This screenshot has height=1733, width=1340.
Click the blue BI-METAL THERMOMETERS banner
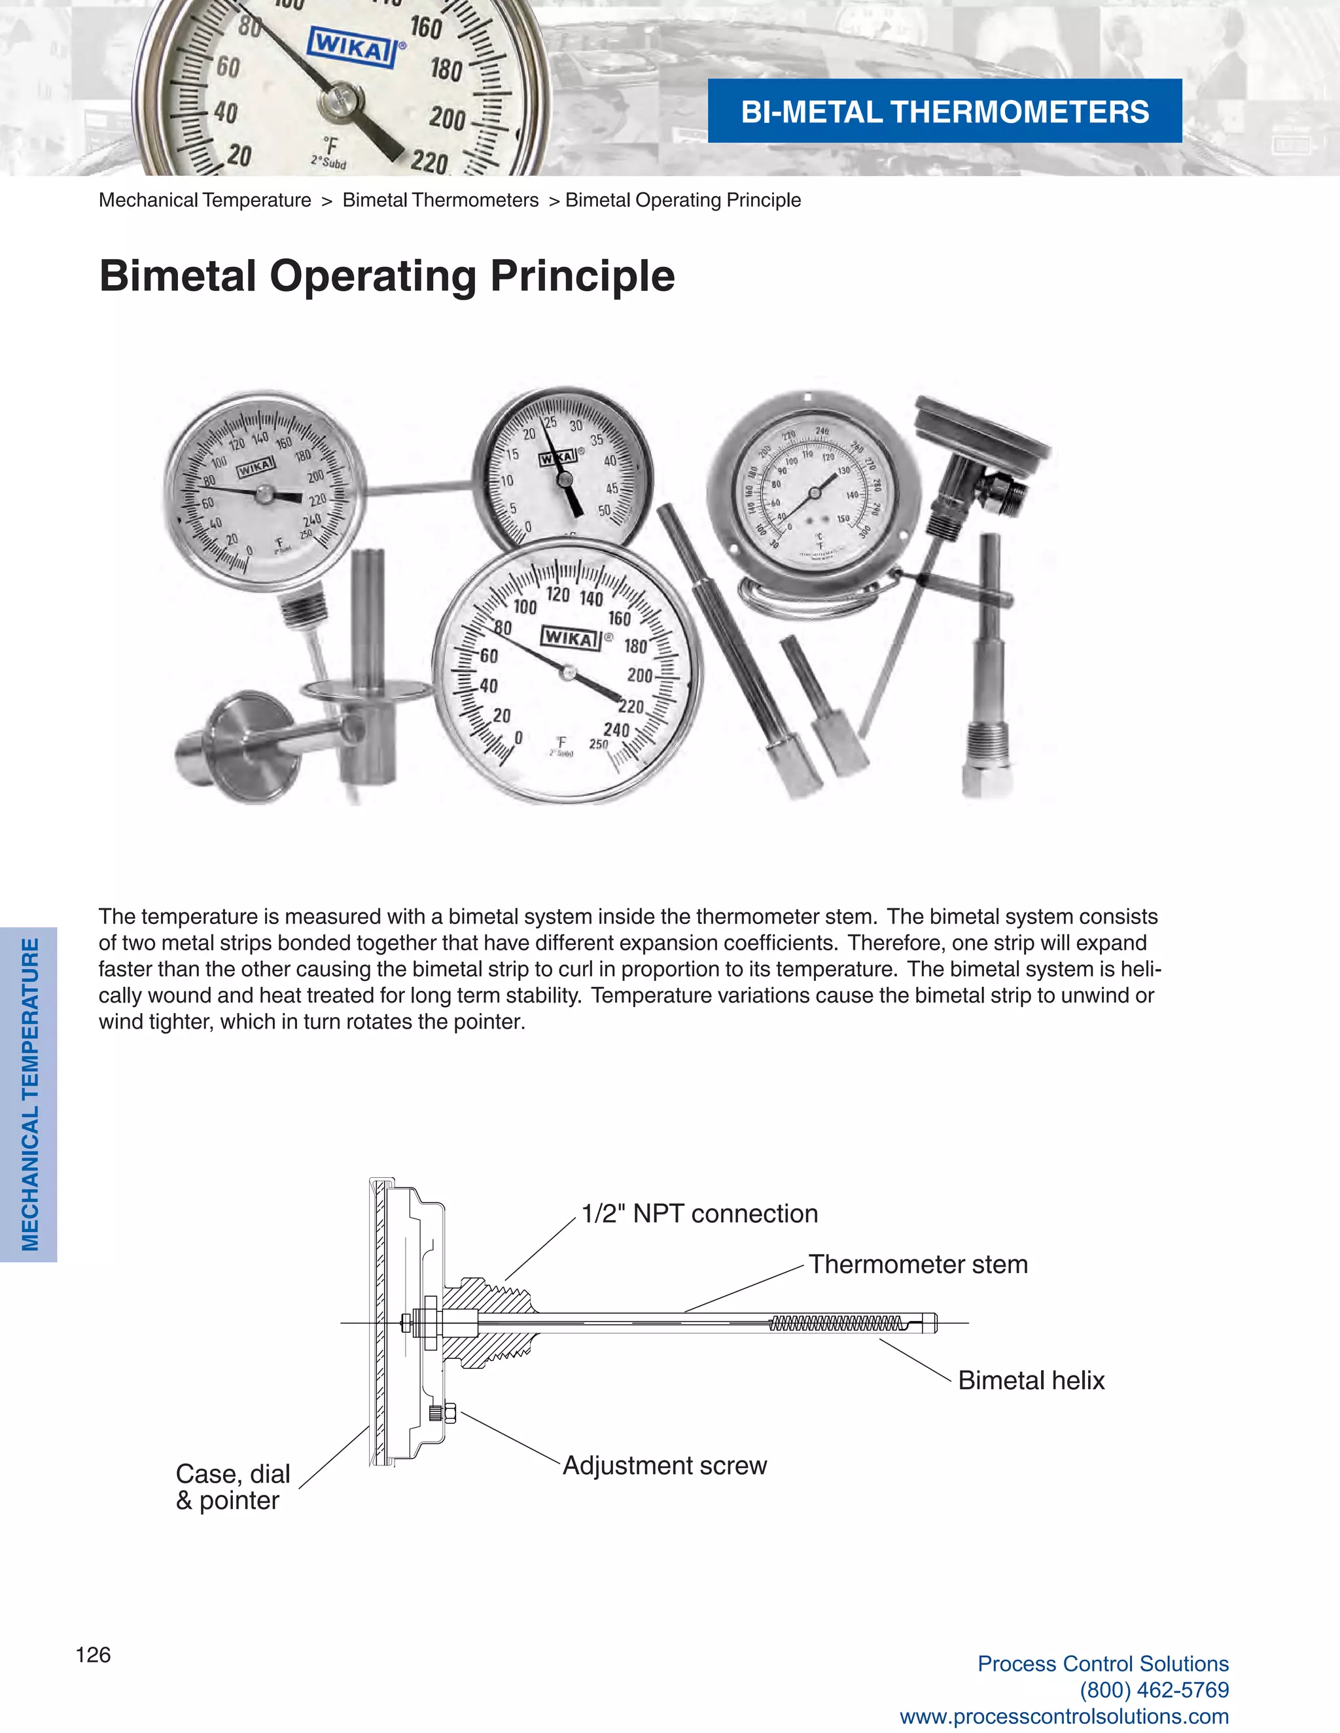click(944, 111)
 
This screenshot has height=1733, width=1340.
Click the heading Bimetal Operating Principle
click(387, 276)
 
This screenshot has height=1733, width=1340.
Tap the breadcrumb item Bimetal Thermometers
click(440, 200)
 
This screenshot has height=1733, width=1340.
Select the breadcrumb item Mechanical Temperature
click(205, 200)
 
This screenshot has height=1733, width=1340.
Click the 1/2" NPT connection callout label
click(699, 1213)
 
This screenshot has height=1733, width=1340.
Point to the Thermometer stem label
click(918, 1264)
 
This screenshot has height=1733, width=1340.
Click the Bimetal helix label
click(1031, 1380)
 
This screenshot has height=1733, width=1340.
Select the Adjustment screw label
click(665, 1465)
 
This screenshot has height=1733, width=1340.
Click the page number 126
click(93, 1655)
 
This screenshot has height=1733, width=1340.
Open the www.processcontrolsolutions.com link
click(1064, 1717)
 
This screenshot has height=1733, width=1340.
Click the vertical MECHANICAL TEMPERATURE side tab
click(29, 1094)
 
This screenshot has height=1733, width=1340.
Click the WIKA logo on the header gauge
click(351, 48)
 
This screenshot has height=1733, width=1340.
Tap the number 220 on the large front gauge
click(631, 706)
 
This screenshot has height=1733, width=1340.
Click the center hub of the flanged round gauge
click(814, 493)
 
